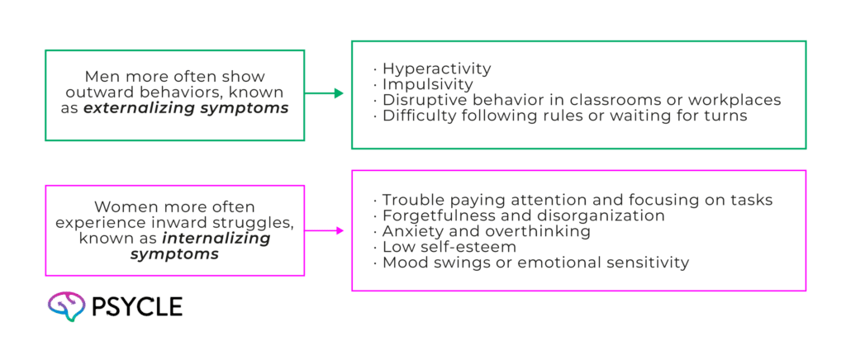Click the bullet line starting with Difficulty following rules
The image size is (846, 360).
[565, 116]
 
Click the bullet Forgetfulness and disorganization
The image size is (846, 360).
[523, 216]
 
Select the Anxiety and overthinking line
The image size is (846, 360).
[486, 231]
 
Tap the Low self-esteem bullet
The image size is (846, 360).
[449, 247]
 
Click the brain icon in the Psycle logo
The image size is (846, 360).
[66, 306]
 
